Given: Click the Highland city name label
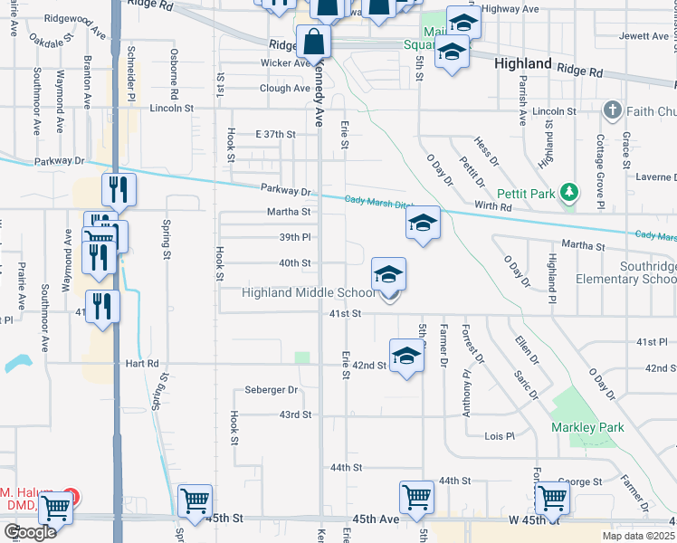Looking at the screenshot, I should click(x=523, y=63).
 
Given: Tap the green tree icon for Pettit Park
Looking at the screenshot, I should click(x=568, y=192).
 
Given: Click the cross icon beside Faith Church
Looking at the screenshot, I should click(x=612, y=110).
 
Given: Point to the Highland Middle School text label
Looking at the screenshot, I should click(x=308, y=292).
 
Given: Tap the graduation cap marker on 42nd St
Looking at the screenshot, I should click(x=406, y=356).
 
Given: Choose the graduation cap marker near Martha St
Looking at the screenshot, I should click(x=423, y=223).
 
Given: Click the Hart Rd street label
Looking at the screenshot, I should click(x=142, y=363).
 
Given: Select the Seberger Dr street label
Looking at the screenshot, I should click(x=272, y=390).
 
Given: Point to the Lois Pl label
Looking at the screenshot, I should click(x=499, y=435).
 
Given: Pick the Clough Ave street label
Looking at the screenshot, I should click(x=285, y=89).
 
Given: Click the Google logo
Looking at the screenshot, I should click(x=30, y=532).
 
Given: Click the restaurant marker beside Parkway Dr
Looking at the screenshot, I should click(x=119, y=189).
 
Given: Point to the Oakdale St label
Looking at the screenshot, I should click(x=51, y=42).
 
